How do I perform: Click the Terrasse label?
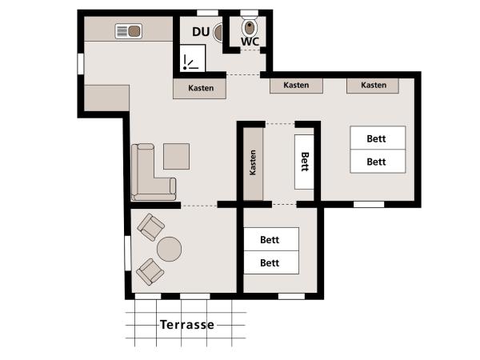pyautogui.click(x=186, y=325)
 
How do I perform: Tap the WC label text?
pyautogui.click(x=250, y=42)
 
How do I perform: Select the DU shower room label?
pyautogui.click(x=201, y=32)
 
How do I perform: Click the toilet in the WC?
pyautogui.click(x=248, y=26)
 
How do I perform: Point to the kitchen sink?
pyautogui.click(x=128, y=32)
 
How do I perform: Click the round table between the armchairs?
pyautogui.click(x=170, y=250)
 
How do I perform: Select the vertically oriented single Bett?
pyautogui.click(x=304, y=162)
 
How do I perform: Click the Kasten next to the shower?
pyautogui.click(x=201, y=88)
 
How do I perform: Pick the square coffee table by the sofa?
pyautogui.click(x=176, y=156)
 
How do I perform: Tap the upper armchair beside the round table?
pyautogui.click(x=149, y=227)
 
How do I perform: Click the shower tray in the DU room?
pyautogui.click(x=192, y=61)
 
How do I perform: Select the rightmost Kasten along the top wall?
pyautogui.click(x=374, y=85)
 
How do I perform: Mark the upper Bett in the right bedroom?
pyautogui.click(x=377, y=138)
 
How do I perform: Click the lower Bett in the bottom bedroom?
pyautogui.click(x=270, y=262)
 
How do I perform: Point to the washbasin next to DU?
pyautogui.click(x=218, y=31)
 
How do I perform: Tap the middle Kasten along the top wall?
pyautogui.click(x=296, y=85)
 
